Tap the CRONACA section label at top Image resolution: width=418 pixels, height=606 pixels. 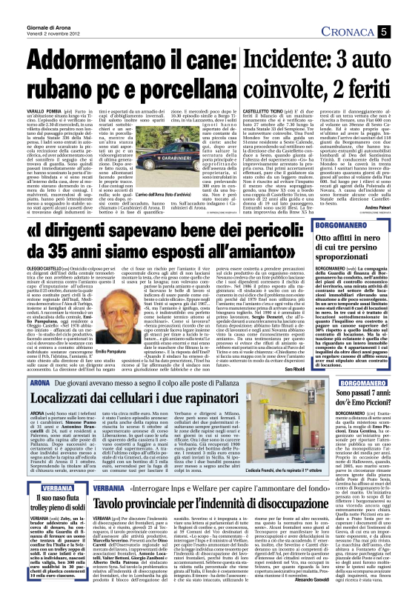[x=366, y=32]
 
